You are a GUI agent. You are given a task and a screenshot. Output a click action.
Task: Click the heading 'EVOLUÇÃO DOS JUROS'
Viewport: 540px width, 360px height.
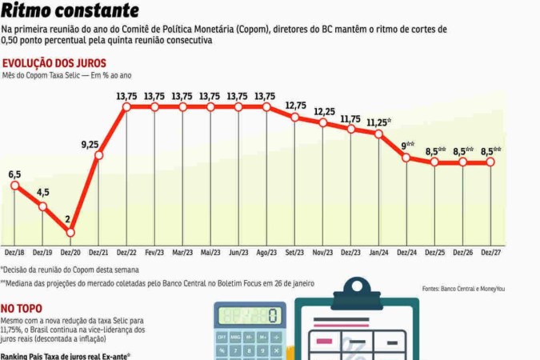(54, 62)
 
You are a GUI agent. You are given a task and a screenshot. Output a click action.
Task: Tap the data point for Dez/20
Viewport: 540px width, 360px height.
(70, 232)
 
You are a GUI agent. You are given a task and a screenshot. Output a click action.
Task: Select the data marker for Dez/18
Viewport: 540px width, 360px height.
(14, 186)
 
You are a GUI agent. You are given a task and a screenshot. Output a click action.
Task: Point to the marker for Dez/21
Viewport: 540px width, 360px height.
(98, 155)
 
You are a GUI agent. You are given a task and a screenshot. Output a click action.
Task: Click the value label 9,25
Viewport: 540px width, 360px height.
(90, 144)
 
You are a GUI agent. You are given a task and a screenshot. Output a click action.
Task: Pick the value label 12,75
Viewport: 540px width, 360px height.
(295, 106)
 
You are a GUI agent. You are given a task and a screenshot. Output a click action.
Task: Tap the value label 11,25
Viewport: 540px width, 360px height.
(378, 122)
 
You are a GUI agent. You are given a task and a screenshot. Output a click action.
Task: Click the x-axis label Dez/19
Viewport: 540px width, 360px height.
(42, 252)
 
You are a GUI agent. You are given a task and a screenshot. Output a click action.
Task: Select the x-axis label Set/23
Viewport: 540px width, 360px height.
(294, 252)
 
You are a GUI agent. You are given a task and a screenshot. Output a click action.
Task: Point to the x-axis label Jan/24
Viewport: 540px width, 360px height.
(378, 252)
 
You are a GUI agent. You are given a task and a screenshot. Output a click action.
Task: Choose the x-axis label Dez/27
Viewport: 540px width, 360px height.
(490, 252)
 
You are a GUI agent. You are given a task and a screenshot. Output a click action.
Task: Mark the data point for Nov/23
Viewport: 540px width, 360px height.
(322, 123)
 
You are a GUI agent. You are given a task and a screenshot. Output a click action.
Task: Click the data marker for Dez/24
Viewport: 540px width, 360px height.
(407, 157)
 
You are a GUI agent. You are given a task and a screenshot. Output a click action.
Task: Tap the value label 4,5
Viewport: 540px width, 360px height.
(42, 192)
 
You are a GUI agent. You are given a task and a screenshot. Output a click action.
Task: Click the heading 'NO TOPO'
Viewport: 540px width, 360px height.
(21, 307)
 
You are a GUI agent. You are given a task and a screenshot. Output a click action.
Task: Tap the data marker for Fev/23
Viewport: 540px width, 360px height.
(154, 106)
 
